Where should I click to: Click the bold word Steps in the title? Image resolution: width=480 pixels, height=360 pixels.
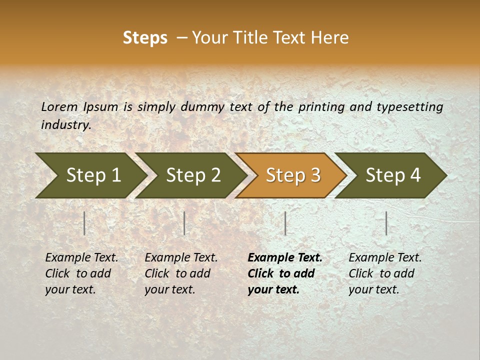pos(145,38)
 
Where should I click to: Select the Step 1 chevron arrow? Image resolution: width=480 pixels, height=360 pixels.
pos(92,175)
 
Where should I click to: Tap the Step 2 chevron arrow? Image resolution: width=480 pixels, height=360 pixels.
pos(192,175)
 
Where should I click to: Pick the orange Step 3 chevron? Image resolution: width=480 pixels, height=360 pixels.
pos(292,175)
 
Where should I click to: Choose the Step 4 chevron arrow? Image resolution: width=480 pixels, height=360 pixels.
pos(392,175)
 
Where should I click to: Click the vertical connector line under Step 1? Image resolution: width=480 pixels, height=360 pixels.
pos(84,223)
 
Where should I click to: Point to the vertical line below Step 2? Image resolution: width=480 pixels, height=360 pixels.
pos(184,223)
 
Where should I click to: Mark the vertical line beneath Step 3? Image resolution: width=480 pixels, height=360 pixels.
pos(285,223)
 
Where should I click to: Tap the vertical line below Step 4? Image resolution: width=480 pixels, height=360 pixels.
pos(386,223)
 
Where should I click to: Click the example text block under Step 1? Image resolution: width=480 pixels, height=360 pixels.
pos(81,273)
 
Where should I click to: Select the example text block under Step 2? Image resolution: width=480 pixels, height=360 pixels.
pos(181,273)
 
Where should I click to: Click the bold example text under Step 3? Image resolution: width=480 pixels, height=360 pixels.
pos(285,273)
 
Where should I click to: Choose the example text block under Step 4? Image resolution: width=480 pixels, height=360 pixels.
pos(385,273)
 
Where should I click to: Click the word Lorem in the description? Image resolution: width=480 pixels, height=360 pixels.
pos(59,107)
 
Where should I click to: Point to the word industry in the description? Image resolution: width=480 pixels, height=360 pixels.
pos(66,125)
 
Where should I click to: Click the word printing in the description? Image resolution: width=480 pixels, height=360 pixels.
pos(321,107)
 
